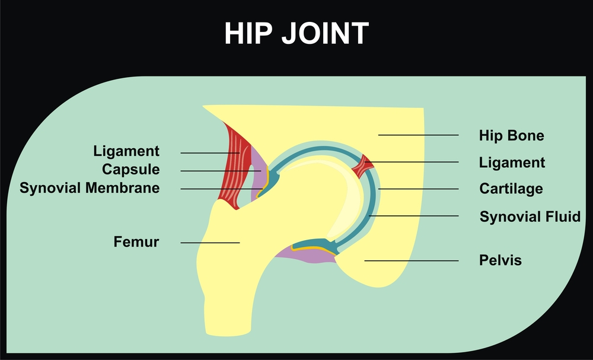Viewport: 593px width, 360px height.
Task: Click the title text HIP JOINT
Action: [x=296, y=33]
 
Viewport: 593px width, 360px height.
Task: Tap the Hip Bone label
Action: [x=511, y=135]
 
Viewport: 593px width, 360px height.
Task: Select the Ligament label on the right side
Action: [x=512, y=163]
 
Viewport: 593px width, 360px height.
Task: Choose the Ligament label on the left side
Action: [x=126, y=151]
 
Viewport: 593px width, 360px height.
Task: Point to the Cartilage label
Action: [x=511, y=189]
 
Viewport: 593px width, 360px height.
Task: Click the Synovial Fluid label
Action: [x=530, y=216]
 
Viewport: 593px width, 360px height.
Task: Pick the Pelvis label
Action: [x=500, y=260]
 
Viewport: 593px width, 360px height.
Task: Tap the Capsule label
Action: [x=131, y=170]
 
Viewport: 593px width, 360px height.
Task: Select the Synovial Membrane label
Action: [x=90, y=187]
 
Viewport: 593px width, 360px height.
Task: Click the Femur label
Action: [x=136, y=241]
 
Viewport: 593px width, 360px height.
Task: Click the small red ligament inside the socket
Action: [x=363, y=165]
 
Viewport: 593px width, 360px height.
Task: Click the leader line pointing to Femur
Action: [x=211, y=243]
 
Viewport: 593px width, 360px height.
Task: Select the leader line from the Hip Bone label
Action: [x=418, y=135]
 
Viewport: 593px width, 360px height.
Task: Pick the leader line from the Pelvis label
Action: [x=412, y=261]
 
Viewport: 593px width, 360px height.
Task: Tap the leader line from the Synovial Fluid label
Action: [x=414, y=216]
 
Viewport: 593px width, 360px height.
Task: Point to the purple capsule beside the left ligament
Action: [x=257, y=178]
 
